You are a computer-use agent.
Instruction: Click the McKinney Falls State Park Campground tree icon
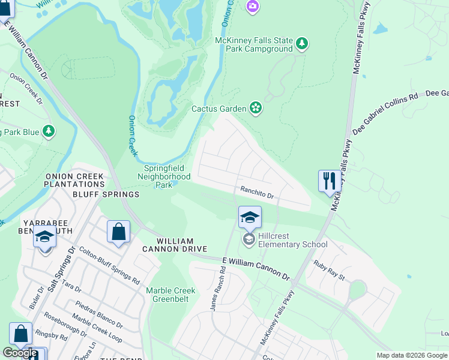coord(302,43)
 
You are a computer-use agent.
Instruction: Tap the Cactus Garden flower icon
coord(256,108)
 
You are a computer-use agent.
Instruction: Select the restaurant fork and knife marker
coord(329,181)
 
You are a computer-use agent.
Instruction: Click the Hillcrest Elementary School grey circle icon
coord(249,240)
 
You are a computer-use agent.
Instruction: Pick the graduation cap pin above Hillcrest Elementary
coord(250,217)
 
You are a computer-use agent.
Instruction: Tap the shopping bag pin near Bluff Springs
coord(118,232)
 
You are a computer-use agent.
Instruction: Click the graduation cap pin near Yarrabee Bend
coord(44,238)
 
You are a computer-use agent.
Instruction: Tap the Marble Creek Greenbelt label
coord(171,295)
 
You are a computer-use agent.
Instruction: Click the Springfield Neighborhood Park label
coord(164,177)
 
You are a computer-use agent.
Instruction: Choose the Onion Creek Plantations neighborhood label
coord(74,180)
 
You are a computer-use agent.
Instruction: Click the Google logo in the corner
coord(19,353)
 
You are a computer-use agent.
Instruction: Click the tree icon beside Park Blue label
coord(48,131)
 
